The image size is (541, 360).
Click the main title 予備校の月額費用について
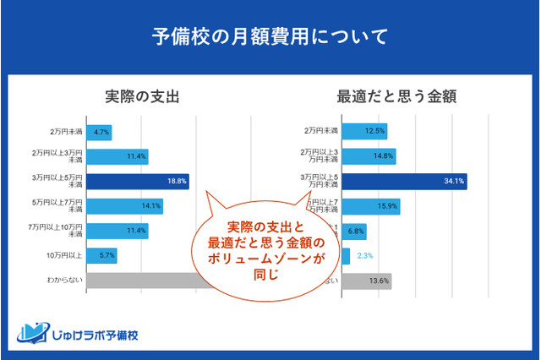(x=270, y=37)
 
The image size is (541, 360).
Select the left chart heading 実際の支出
(x=142, y=96)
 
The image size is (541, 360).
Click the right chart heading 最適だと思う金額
(x=396, y=96)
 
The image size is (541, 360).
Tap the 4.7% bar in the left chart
(x=99, y=133)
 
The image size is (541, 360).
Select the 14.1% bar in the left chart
(x=124, y=205)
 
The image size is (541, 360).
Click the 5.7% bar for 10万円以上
(x=101, y=254)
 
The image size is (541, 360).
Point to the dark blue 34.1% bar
(x=404, y=181)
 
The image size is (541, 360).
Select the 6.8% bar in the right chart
(x=353, y=231)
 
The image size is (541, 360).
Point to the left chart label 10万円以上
(x=65, y=254)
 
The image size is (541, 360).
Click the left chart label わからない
(x=65, y=280)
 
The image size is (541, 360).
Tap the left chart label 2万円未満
(x=65, y=133)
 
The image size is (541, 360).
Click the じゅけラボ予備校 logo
(x=82, y=333)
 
